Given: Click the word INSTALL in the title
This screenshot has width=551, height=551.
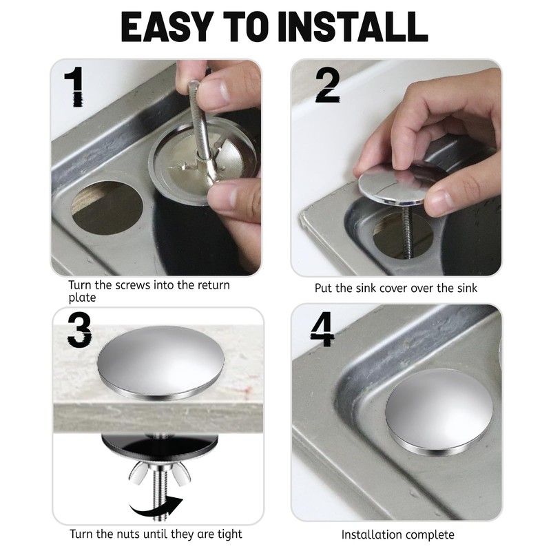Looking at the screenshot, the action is tap(353, 26).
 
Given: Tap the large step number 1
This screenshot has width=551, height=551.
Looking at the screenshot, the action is tap(75, 87).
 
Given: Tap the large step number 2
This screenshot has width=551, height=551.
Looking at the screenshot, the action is tap(328, 85).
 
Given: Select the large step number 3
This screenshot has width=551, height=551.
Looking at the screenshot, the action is tap(79, 331).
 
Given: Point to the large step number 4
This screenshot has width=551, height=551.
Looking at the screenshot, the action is tap(322, 329).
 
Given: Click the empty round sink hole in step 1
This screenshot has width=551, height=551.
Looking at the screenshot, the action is tap(107, 207).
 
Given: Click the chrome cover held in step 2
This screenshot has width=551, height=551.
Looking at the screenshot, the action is tap(401, 183).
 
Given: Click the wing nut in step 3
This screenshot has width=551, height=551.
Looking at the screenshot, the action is tap(160, 472).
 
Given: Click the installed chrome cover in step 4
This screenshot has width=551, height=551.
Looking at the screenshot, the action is tap(439, 411).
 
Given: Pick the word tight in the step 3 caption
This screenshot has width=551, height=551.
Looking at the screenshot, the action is tap(230, 534).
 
